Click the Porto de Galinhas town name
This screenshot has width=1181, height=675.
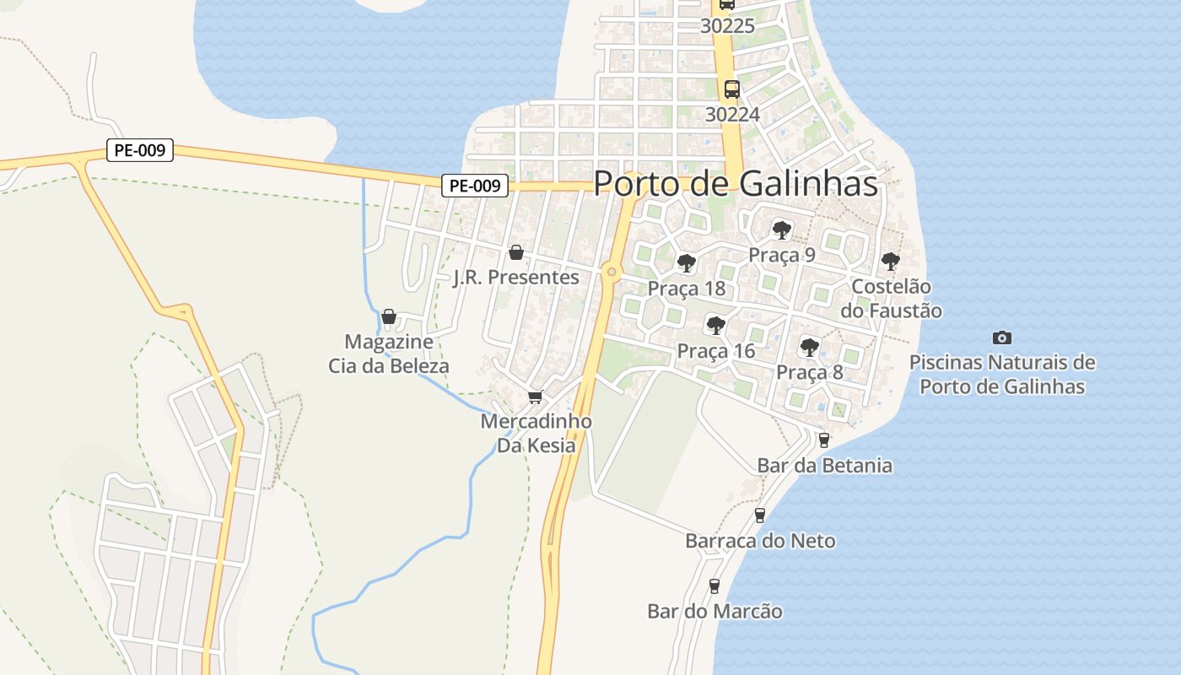[736, 184]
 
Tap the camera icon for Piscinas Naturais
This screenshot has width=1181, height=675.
[1001, 338]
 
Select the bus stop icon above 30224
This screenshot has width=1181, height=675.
[732, 89]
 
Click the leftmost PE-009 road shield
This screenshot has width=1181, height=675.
[140, 151]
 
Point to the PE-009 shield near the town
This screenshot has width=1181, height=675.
[475, 186]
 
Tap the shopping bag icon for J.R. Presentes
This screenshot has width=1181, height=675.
[516, 252]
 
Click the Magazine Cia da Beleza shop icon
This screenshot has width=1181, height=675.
[389, 317]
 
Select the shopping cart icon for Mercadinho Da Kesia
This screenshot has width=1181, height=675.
[535, 397]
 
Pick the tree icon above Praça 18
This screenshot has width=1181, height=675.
[687, 263]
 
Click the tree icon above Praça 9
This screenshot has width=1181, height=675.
[782, 229]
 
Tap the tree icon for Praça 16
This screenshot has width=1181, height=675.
[715, 325]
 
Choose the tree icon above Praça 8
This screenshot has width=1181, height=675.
[809, 346]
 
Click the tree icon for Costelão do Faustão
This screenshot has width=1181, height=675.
[890, 262]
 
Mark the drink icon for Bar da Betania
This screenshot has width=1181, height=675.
[824, 440]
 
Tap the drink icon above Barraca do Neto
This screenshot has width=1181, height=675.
[759, 515]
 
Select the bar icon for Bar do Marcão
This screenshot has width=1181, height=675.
[715, 586]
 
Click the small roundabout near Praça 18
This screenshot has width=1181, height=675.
[612, 272]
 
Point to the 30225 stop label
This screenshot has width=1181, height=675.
[727, 26]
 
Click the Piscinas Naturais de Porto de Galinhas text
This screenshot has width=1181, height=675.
[1001, 375]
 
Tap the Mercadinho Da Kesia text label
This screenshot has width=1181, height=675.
[536, 433]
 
